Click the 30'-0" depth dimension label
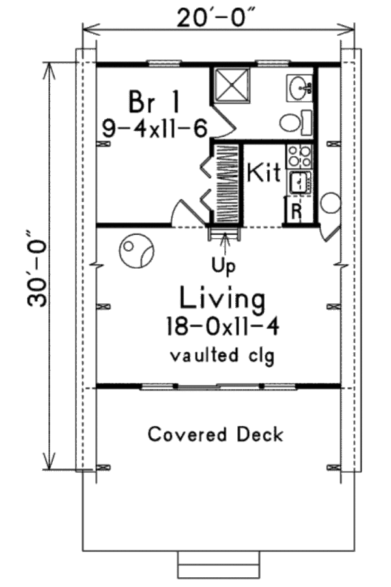point(38,267)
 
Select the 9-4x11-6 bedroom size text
point(155,128)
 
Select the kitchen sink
point(300,182)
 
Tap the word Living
point(223,299)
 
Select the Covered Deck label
point(216,434)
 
